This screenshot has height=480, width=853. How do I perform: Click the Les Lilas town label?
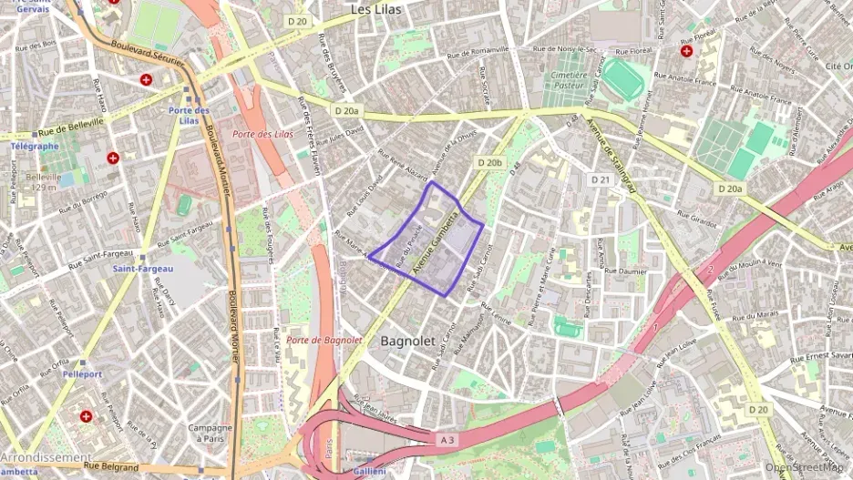[376, 8]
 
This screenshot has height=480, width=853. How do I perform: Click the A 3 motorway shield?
[447, 440]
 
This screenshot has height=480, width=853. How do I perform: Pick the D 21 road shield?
[599, 179]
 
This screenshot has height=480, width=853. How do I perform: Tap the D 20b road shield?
[489, 163]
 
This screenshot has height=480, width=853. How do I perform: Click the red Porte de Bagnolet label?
[324, 340]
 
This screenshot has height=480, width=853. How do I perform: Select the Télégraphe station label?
[35, 146]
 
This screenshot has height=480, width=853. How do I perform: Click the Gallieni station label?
[371, 471]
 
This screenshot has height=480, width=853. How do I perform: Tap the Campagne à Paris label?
[210, 433]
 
